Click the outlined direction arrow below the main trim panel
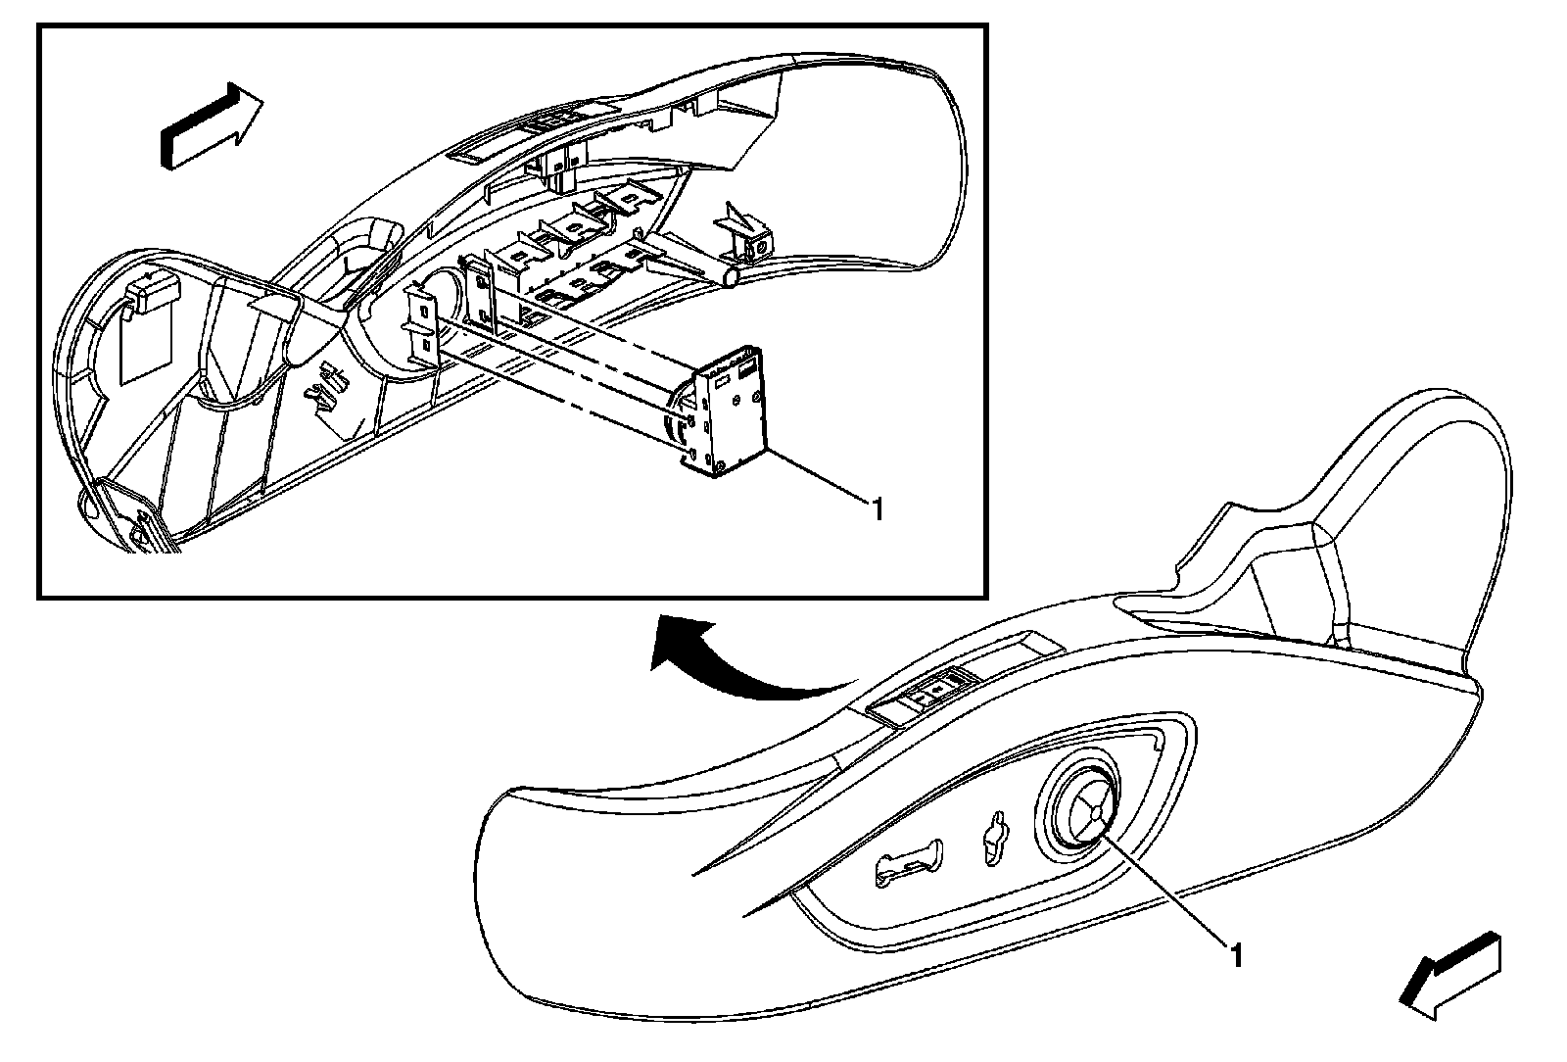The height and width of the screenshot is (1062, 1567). pos(1452,972)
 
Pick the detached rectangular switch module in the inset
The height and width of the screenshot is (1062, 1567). pos(730,410)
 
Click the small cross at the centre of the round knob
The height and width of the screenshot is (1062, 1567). pos(1087,809)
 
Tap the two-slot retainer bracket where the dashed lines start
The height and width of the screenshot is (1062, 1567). pos(422,327)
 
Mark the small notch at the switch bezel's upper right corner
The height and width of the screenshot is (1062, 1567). pos(1161,743)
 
